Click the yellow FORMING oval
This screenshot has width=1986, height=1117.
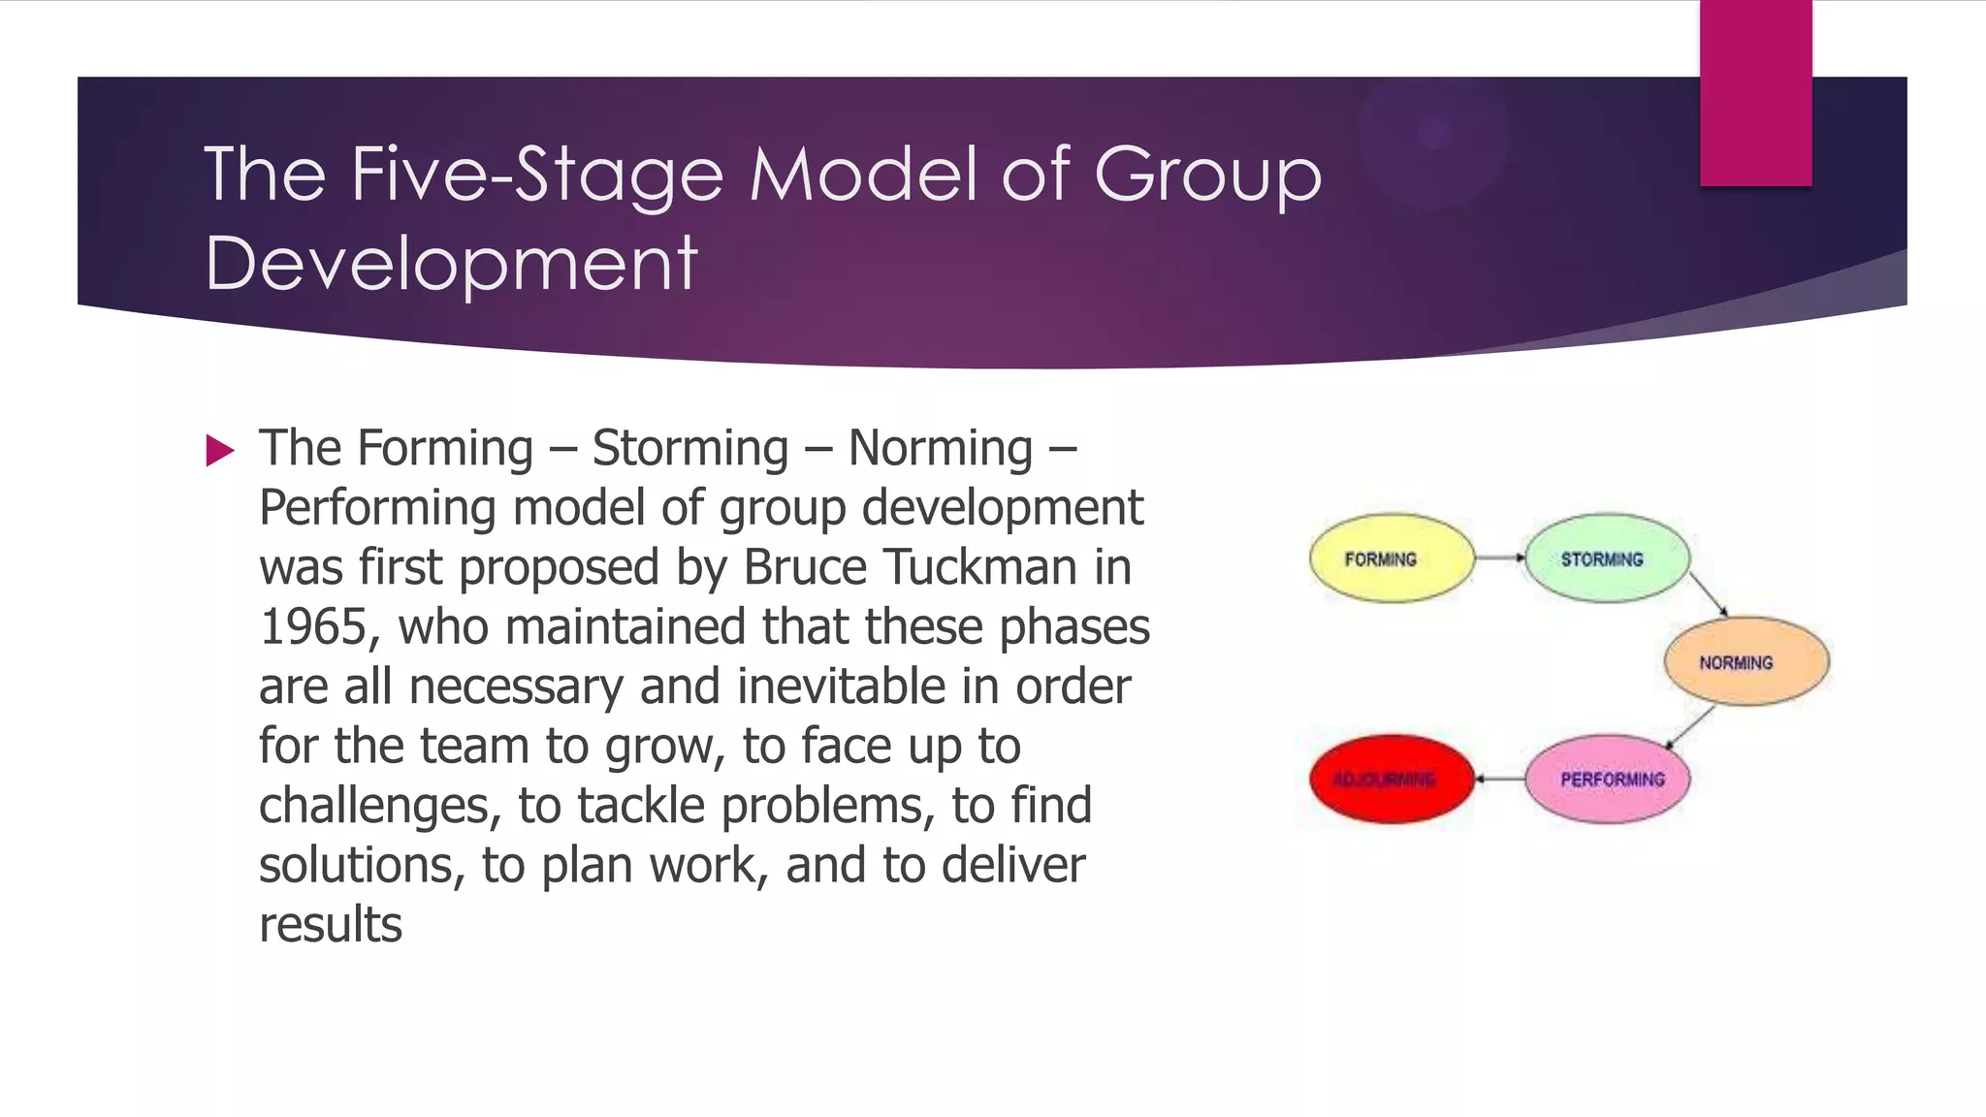(1391, 558)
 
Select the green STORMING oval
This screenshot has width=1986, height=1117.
(1607, 558)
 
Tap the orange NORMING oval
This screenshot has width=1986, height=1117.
(1746, 662)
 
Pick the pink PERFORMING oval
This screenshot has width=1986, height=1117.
(1607, 780)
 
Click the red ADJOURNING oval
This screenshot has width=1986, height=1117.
(1391, 780)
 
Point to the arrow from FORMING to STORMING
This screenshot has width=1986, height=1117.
(1499, 558)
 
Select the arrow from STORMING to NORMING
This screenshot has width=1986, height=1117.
(1708, 593)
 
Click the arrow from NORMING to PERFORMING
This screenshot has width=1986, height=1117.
(1691, 727)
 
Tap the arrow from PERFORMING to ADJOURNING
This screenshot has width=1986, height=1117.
(1499, 779)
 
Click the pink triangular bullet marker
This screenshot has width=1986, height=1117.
(220, 451)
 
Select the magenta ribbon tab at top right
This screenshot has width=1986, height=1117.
(1755, 92)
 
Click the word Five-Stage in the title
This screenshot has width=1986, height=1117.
(537, 176)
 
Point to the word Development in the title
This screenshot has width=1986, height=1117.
(451, 264)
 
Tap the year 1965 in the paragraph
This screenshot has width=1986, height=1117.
(313, 627)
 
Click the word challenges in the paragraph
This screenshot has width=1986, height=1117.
(379, 807)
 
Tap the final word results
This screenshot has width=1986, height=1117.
(331, 925)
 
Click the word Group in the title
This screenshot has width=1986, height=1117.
(1207, 176)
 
